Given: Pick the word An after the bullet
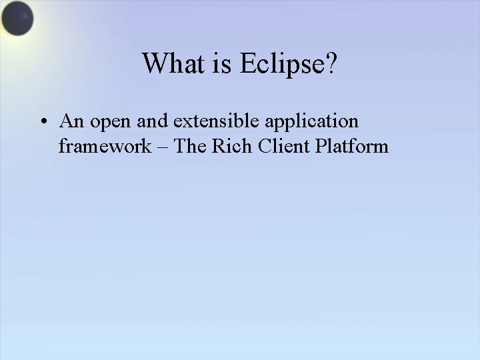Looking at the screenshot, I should tap(70, 121).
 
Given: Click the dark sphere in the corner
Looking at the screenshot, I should tap(16, 19).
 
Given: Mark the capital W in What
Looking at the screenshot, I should tap(155, 64).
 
